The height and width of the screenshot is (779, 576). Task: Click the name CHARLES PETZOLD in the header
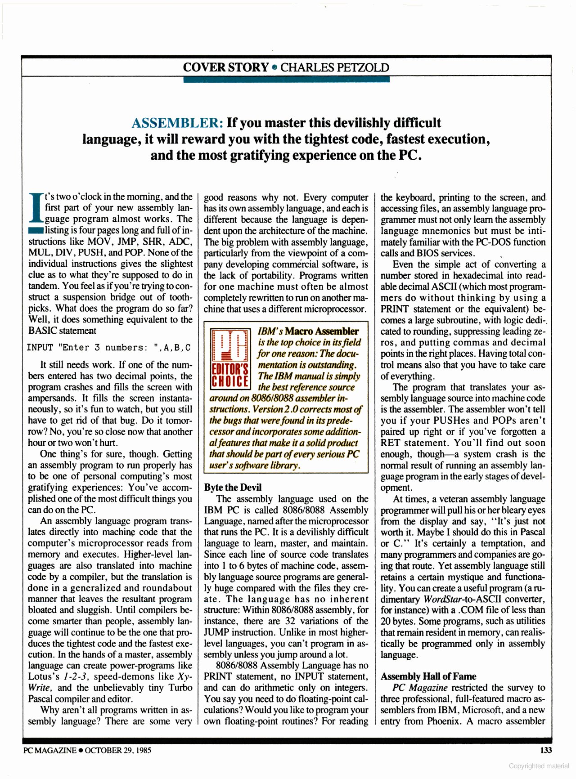point(335,68)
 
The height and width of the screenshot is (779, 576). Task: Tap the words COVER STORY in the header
point(225,68)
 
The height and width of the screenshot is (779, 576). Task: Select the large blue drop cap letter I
point(36,208)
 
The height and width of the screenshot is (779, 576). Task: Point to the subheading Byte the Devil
point(233,488)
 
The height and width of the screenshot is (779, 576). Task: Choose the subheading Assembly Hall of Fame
point(428,676)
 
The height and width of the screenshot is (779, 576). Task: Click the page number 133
point(545,750)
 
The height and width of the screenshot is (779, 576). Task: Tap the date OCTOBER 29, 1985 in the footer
point(118,750)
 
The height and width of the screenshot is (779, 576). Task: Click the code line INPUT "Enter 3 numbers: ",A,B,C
point(109,348)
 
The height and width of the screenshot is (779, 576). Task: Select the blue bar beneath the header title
point(286,80)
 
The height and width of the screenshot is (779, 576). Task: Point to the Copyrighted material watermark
point(539,766)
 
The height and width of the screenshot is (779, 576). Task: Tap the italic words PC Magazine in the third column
point(420,688)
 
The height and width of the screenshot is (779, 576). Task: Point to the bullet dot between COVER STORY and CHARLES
point(274,68)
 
